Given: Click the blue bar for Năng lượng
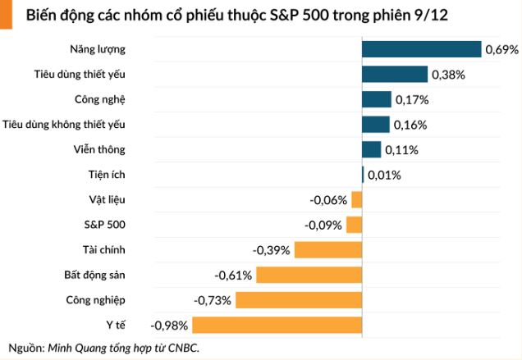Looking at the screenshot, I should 421,49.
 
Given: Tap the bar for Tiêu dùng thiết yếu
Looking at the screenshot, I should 395,75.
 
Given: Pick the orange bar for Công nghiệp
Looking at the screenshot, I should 299,300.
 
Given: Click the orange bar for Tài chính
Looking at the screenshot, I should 328,250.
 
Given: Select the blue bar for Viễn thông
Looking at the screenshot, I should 372,149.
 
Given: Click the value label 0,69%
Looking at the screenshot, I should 501,50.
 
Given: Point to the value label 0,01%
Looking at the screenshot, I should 384,175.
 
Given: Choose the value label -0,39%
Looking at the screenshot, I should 272,250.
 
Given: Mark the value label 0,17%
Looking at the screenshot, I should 412,100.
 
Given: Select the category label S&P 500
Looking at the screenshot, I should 105,225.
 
